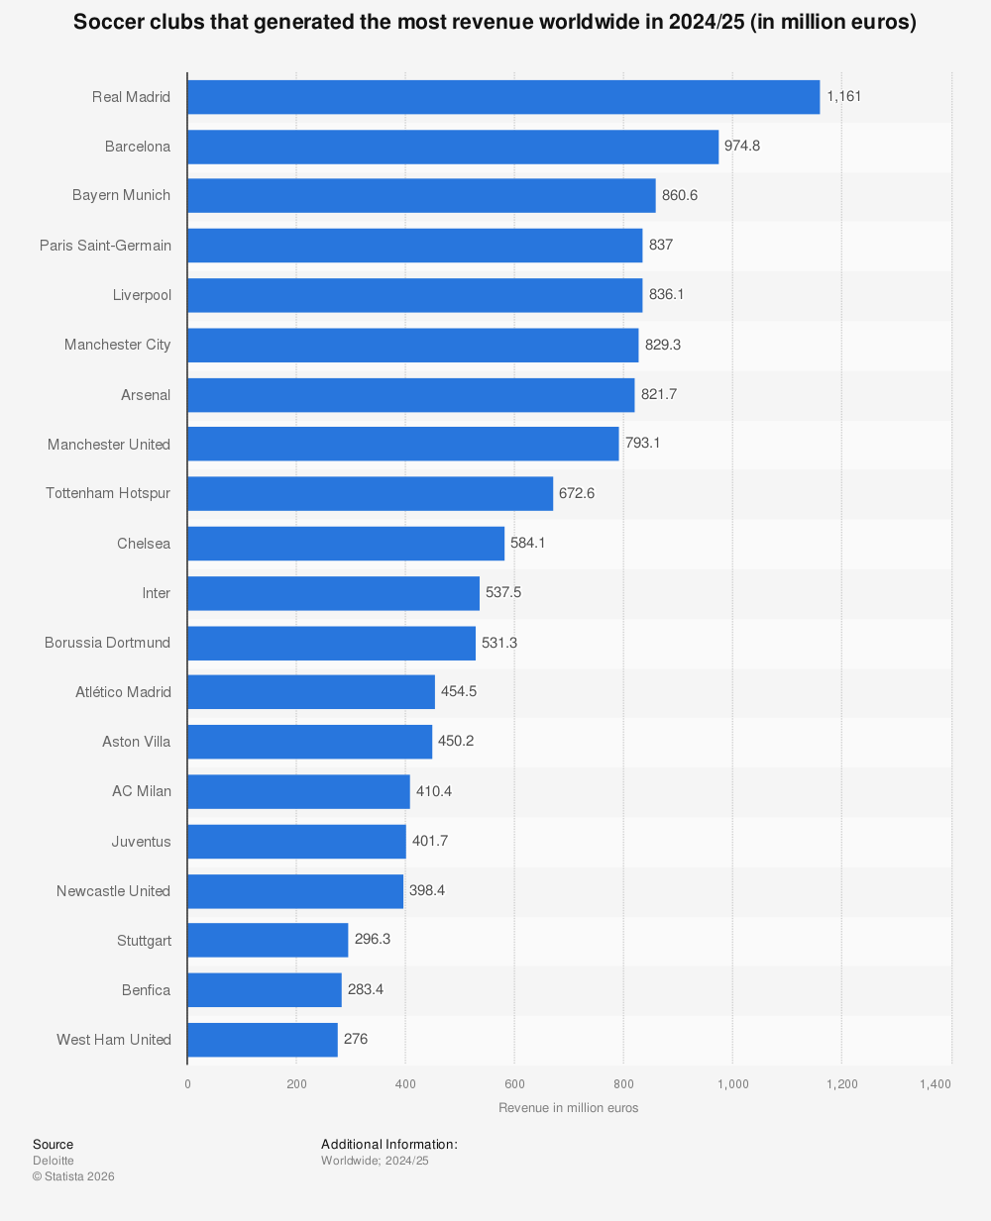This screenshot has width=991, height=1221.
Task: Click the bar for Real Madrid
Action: tap(503, 97)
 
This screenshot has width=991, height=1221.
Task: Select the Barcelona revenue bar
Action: tap(453, 147)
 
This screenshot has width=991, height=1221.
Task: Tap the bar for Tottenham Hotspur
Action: tap(370, 493)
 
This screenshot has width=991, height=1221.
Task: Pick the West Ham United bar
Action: tap(263, 1040)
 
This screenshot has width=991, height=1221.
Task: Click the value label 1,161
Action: tap(844, 97)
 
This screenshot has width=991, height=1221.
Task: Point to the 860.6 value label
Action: tap(680, 195)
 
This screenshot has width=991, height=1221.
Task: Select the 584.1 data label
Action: tap(527, 543)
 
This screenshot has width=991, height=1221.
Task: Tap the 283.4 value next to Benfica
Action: tap(366, 989)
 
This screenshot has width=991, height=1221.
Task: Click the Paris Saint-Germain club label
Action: tap(105, 246)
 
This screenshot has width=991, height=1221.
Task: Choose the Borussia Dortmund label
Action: tap(107, 643)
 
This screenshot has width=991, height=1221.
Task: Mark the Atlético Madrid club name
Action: tap(123, 692)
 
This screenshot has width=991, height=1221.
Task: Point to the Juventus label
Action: tap(141, 842)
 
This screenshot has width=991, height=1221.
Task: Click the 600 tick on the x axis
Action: tap(514, 1084)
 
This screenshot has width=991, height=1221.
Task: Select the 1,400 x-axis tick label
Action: tap(935, 1084)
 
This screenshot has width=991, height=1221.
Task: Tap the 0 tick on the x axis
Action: tap(187, 1084)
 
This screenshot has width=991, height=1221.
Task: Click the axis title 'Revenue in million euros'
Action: tap(569, 1108)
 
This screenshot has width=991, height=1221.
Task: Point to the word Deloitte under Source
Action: tap(54, 1161)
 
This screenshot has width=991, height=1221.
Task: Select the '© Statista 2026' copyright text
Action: tap(73, 1176)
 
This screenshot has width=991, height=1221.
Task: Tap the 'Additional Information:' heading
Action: tap(388, 1145)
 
